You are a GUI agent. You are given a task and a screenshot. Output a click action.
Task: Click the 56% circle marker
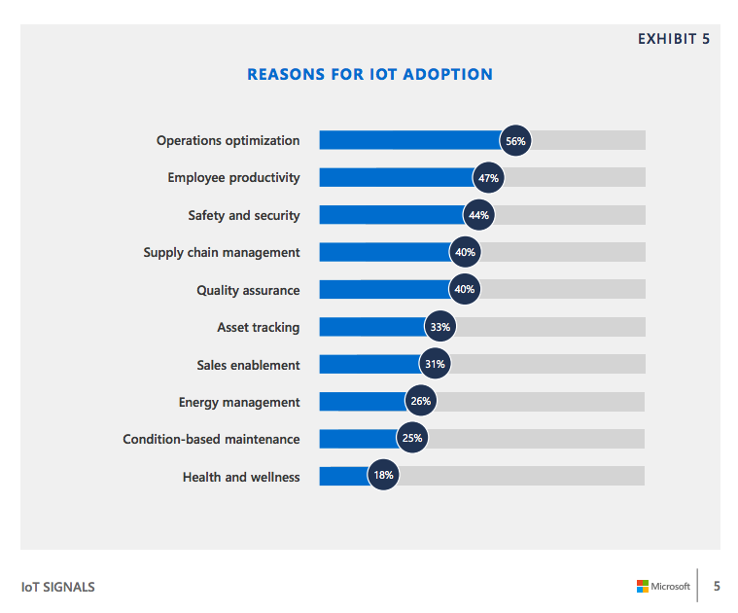pos(515,140)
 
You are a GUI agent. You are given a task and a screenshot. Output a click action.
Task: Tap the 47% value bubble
pos(487,178)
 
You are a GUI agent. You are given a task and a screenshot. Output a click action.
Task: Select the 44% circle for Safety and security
pos(478,215)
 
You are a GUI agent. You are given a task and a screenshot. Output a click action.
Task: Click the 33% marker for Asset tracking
pos(439,327)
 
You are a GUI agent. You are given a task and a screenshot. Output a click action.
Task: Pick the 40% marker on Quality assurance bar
pos(465,290)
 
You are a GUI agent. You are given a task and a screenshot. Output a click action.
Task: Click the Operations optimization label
pos(228,140)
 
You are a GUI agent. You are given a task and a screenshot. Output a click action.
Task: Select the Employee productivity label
pos(233,178)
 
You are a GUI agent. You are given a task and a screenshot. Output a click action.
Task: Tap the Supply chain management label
pos(222,253)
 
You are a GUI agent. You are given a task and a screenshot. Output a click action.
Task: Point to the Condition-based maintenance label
pos(211,440)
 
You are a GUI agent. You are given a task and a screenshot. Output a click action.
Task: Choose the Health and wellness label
pos(241,477)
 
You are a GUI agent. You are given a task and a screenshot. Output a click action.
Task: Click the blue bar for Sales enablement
pos(369,365)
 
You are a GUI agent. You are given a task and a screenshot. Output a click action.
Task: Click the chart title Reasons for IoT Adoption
pos(369,74)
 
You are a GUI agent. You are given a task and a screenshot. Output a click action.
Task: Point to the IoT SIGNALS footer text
pos(58,587)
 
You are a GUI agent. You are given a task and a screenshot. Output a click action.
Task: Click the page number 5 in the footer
pos(717,586)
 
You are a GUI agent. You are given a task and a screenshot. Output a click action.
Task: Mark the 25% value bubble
pos(412,439)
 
